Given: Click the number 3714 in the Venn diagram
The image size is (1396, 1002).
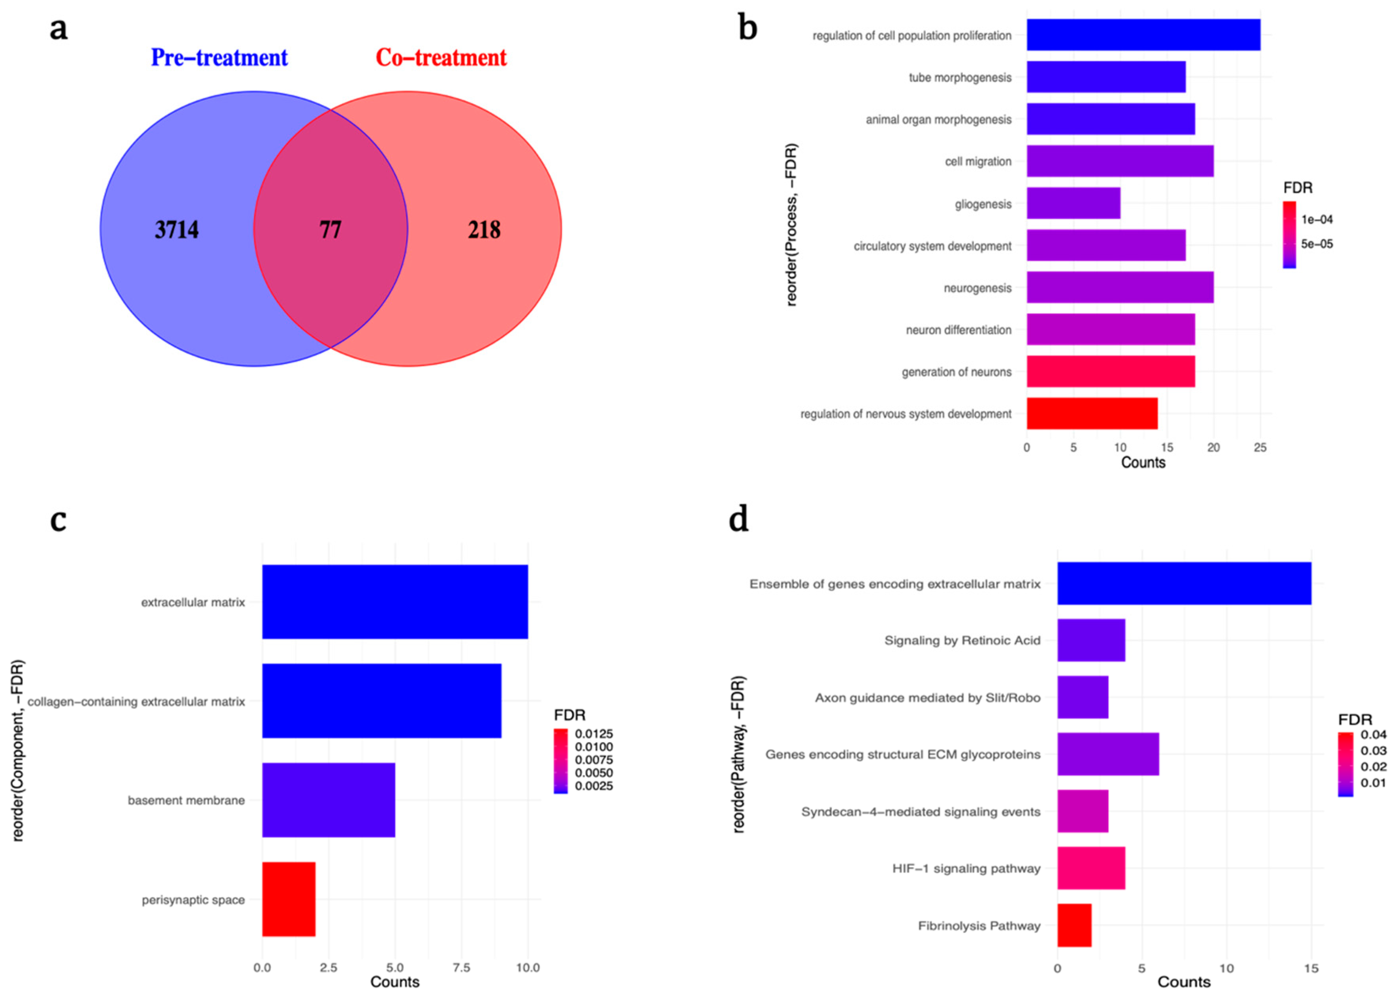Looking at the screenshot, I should click(177, 229).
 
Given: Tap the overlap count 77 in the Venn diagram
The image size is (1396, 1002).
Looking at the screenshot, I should click(331, 229).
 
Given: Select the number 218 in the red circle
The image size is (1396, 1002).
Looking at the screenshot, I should click(485, 229).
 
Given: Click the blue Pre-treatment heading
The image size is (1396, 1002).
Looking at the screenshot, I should click(219, 57).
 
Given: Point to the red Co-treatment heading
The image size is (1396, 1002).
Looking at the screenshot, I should click(442, 57).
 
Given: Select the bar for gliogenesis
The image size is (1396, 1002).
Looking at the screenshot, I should click(1073, 203).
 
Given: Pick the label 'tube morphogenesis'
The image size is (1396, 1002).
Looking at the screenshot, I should click(960, 77).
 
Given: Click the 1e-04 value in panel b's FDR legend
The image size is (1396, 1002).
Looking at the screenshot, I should click(1317, 219).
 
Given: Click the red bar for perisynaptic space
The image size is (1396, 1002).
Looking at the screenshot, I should click(289, 899).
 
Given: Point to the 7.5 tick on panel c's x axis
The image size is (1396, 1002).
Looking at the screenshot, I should click(461, 968).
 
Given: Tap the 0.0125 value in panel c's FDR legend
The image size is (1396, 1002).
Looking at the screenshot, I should click(594, 734).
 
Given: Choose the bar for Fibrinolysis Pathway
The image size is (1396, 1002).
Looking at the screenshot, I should click(1074, 925).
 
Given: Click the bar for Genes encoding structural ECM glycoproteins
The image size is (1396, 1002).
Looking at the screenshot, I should click(1108, 754).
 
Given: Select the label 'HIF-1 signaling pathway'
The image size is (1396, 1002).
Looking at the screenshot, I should click(966, 869).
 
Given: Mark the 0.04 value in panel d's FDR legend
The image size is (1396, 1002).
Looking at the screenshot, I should click(1373, 734).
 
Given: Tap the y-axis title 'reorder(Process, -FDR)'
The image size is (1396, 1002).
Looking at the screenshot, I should click(791, 225).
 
